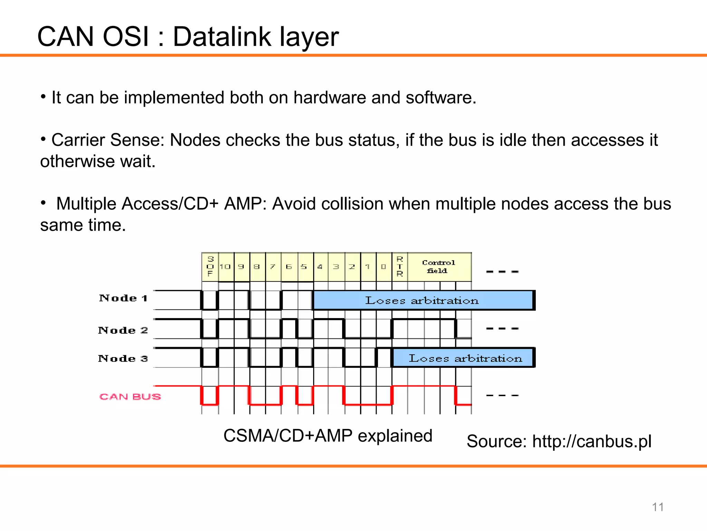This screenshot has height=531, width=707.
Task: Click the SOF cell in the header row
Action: [x=210, y=267]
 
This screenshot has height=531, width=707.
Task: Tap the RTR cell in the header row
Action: [x=400, y=267]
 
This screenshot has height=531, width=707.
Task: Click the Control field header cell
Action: [x=439, y=267]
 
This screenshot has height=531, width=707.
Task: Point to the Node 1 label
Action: [x=123, y=298]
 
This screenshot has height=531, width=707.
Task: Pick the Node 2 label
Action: [x=123, y=330]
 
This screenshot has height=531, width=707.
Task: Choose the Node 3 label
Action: [x=123, y=358]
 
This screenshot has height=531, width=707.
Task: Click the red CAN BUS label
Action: [x=130, y=397]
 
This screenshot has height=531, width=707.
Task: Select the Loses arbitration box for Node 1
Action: [x=423, y=300]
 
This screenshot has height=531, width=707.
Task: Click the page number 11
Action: [x=658, y=507]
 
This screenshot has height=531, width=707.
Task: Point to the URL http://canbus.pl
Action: [x=592, y=441]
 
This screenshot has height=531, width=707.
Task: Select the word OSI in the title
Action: [x=126, y=37]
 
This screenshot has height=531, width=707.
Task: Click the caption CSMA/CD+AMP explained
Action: [x=328, y=436]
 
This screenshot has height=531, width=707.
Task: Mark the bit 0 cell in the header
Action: [x=384, y=267]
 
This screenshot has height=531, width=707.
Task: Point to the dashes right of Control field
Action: [x=502, y=272]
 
